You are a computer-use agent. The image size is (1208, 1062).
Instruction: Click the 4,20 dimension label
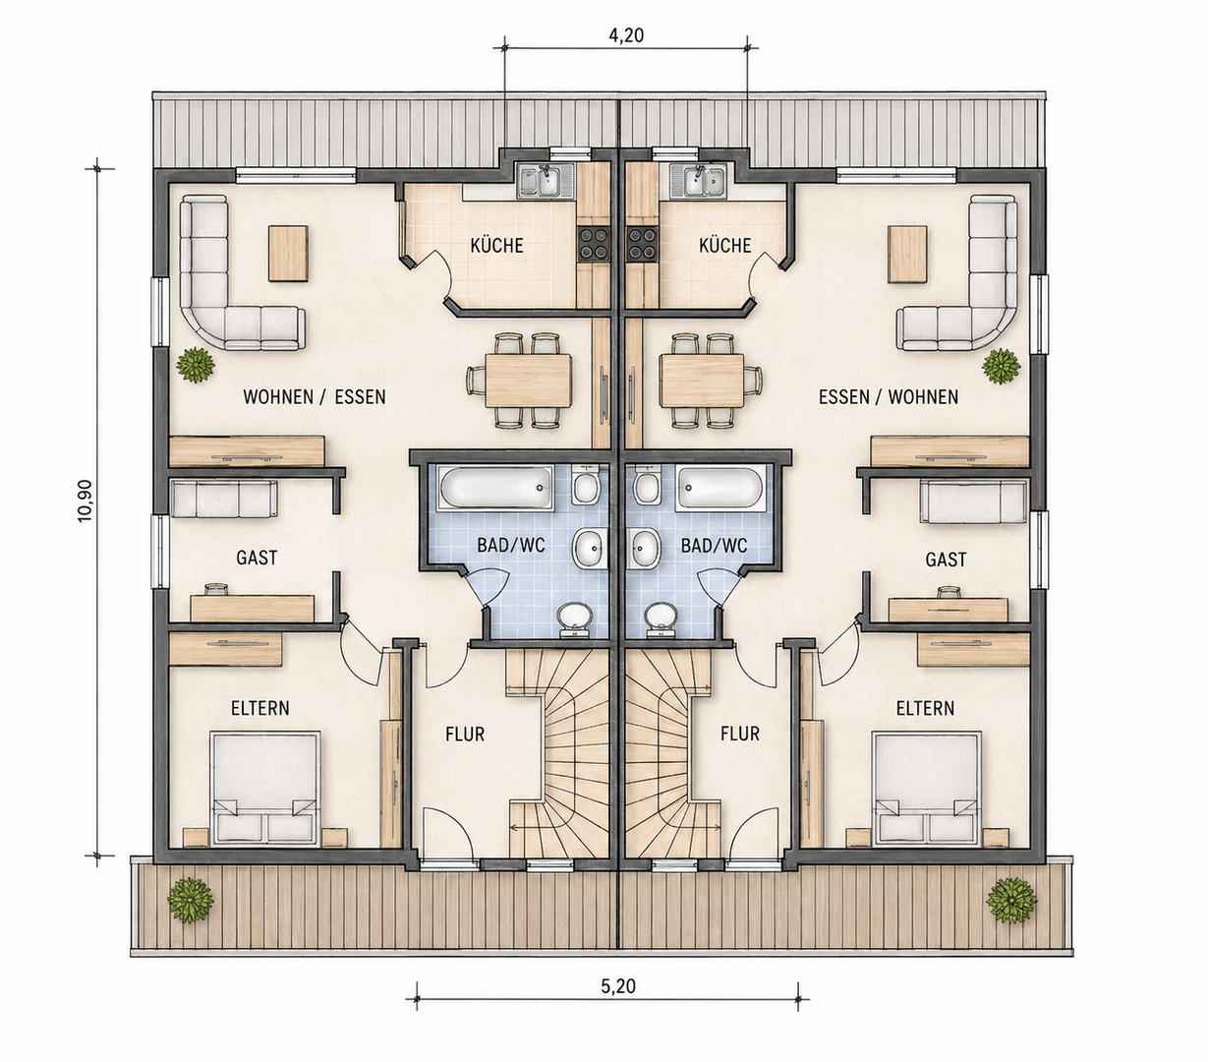(625, 35)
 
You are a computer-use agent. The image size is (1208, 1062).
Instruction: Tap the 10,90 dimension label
(86, 501)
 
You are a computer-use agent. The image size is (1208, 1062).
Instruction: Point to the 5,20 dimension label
(617, 986)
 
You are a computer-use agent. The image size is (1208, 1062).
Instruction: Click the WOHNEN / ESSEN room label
(315, 396)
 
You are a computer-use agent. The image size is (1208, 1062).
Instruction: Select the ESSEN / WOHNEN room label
(888, 396)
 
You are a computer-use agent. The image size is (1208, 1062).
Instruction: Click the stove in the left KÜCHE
(594, 244)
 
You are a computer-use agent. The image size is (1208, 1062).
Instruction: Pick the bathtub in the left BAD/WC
(495, 489)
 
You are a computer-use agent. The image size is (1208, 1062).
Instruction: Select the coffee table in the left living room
(288, 253)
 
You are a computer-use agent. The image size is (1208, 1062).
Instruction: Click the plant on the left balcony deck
(190, 900)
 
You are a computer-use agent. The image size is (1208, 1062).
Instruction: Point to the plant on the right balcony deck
(1010, 900)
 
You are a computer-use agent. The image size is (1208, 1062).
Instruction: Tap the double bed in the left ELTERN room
(265, 789)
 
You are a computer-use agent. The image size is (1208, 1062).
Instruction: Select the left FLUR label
(465, 734)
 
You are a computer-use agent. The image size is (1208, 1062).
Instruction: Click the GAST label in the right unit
(945, 560)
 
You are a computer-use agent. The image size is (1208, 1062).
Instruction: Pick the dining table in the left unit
(528, 381)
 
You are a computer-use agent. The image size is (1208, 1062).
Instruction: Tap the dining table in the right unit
(702, 381)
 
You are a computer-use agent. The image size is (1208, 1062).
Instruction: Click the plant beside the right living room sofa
(1002, 366)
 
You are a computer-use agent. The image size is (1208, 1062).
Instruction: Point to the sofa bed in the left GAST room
(223, 499)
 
